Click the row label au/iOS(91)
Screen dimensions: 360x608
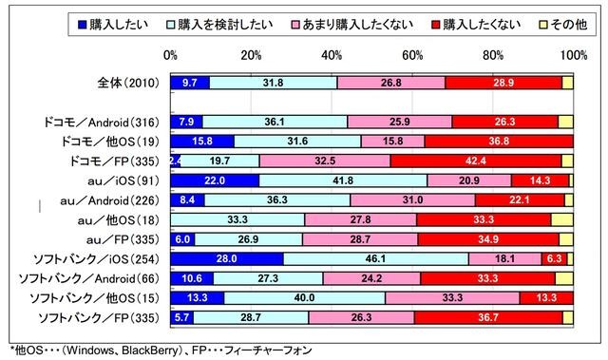[127, 180]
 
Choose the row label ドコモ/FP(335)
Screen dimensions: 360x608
[115, 161]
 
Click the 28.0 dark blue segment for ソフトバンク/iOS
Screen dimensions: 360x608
[226, 258]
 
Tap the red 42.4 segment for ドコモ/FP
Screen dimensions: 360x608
[476, 161]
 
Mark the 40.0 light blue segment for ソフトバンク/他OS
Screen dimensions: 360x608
[304, 298]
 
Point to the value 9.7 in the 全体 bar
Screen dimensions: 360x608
[189, 82]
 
